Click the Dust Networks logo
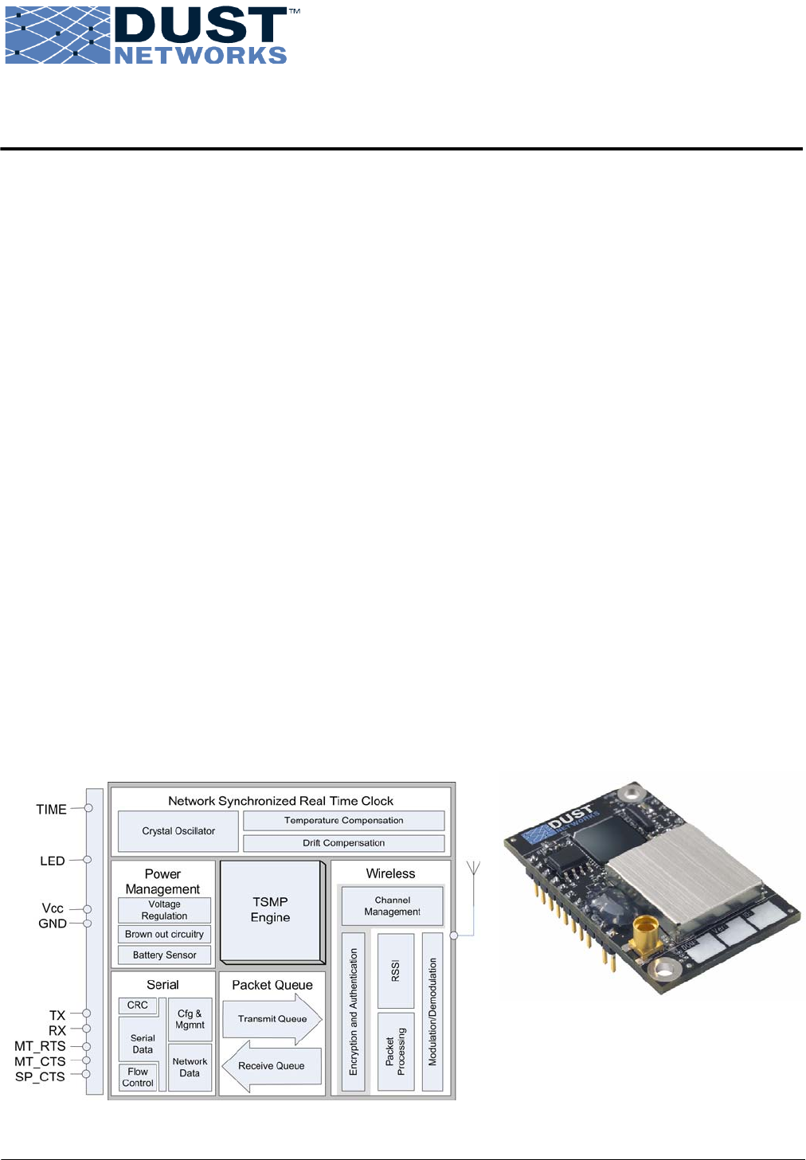[151, 36]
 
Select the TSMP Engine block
[271, 910]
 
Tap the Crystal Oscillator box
[178, 831]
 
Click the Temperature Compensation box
[343, 821]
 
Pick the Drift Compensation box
[343, 843]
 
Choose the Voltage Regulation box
[164, 910]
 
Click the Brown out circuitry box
[164, 935]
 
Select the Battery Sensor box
[164, 955]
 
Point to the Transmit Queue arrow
[272, 1019]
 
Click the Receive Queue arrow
[272, 1066]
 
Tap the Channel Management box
[392, 906]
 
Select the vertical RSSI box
[395, 970]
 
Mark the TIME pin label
[51, 810]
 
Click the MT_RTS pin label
[40, 1046]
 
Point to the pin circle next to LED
[88, 860]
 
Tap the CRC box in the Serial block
[138, 1006]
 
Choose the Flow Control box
[138, 1077]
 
